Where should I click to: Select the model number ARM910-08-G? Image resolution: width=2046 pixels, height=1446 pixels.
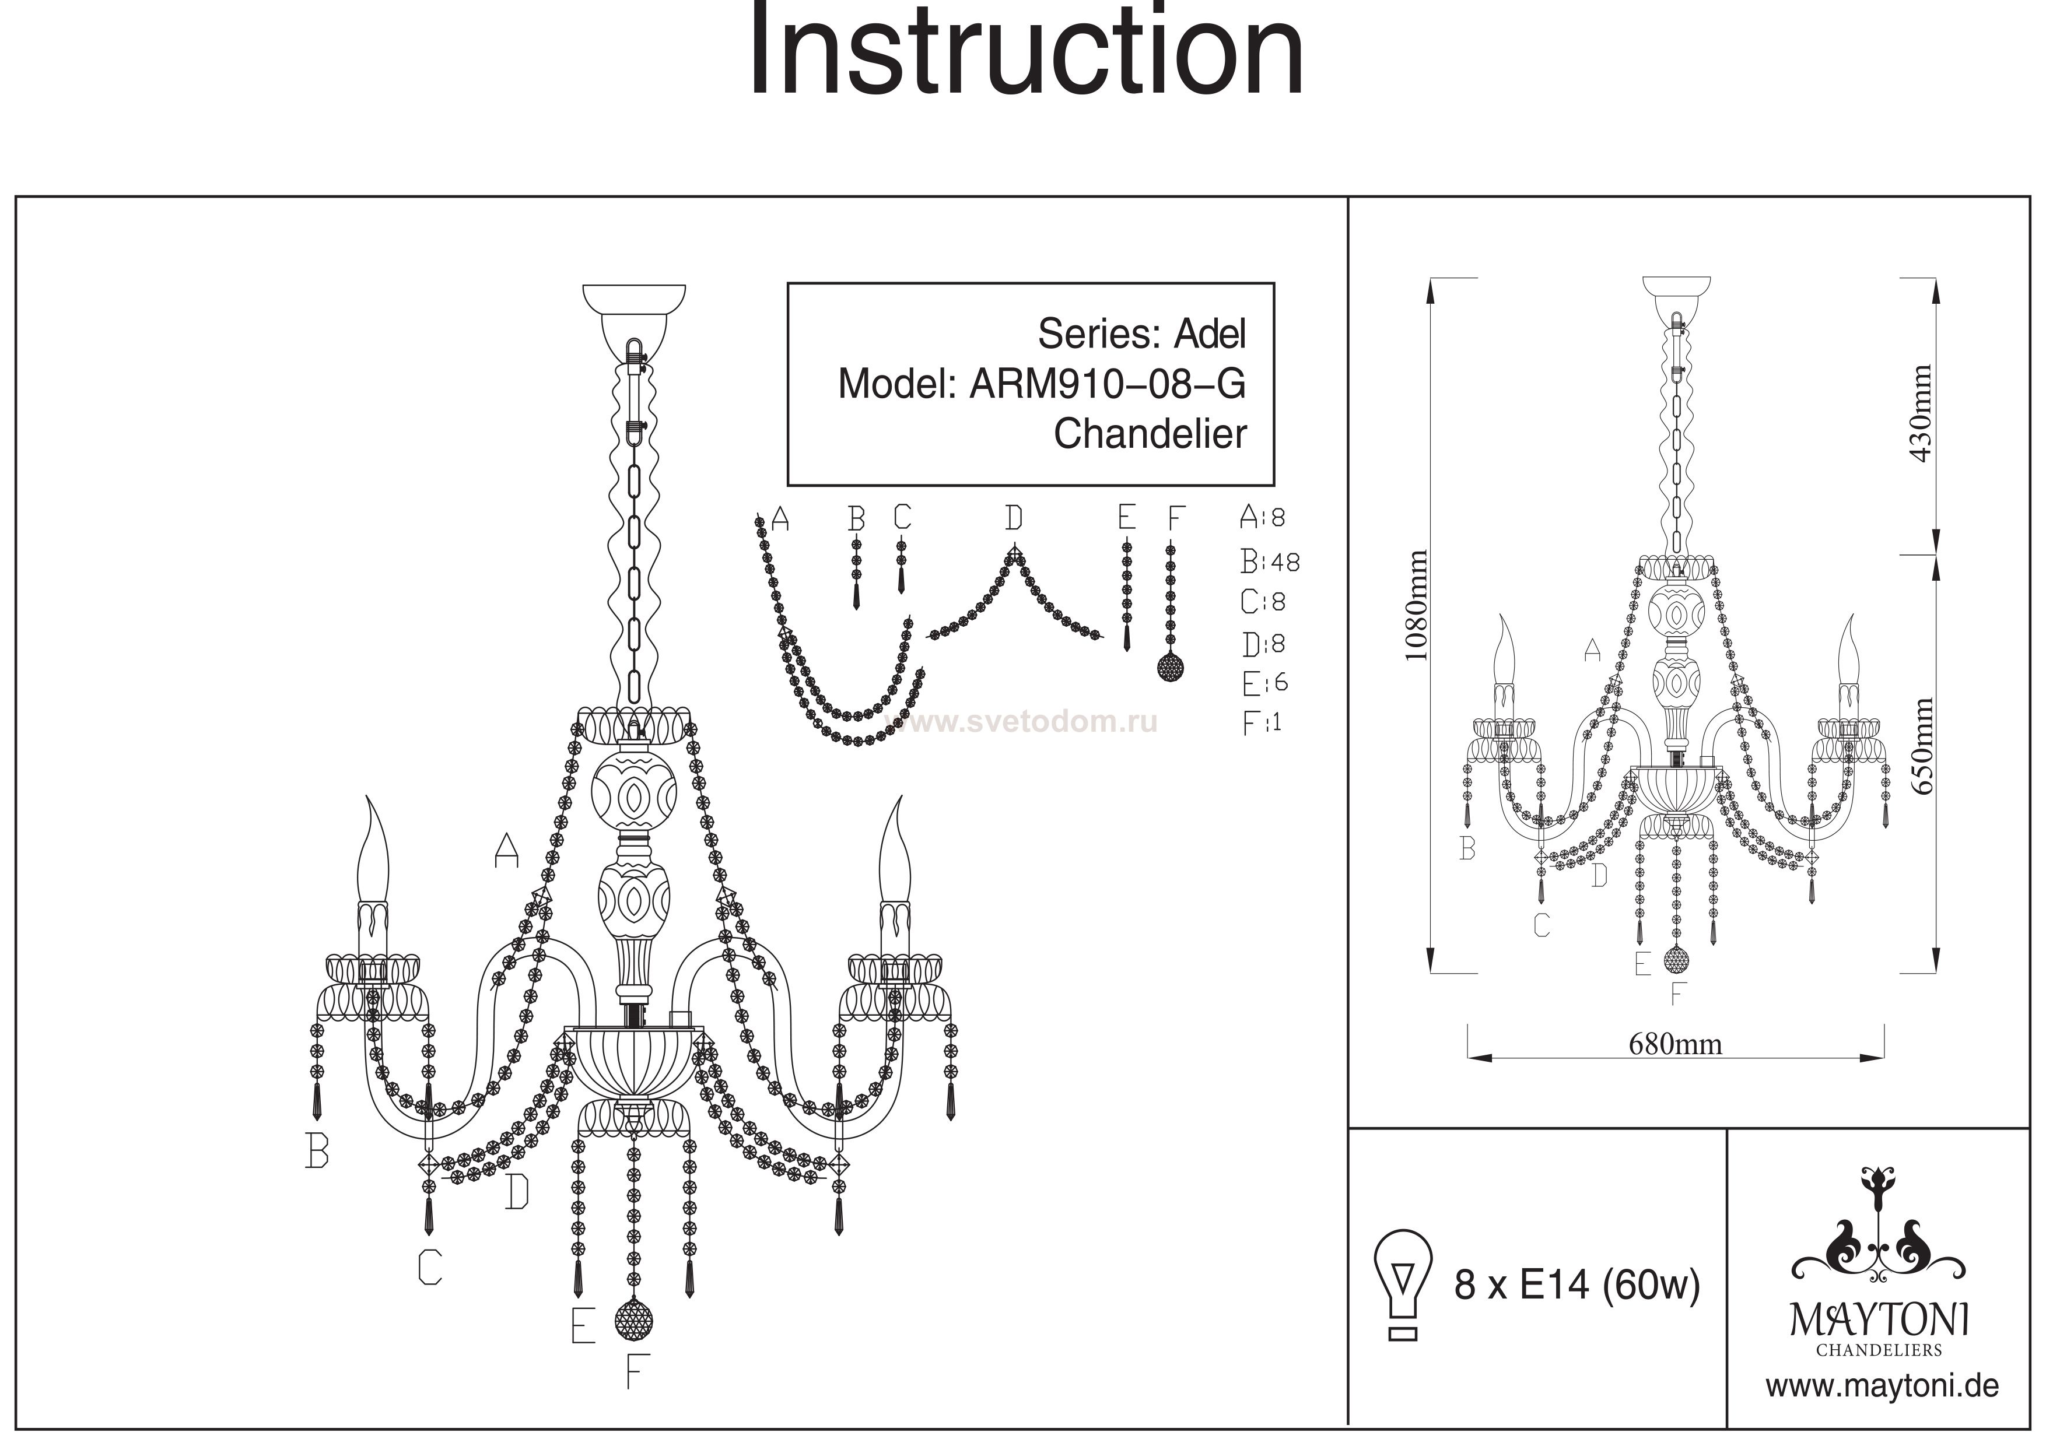(1108, 384)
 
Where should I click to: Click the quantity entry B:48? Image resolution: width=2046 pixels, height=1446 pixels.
(1270, 561)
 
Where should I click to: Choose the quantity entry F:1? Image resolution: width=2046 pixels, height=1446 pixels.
(1262, 722)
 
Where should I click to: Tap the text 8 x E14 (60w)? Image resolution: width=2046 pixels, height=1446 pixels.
(1577, 1284)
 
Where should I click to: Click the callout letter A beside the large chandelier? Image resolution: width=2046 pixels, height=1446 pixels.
(506, 850)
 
